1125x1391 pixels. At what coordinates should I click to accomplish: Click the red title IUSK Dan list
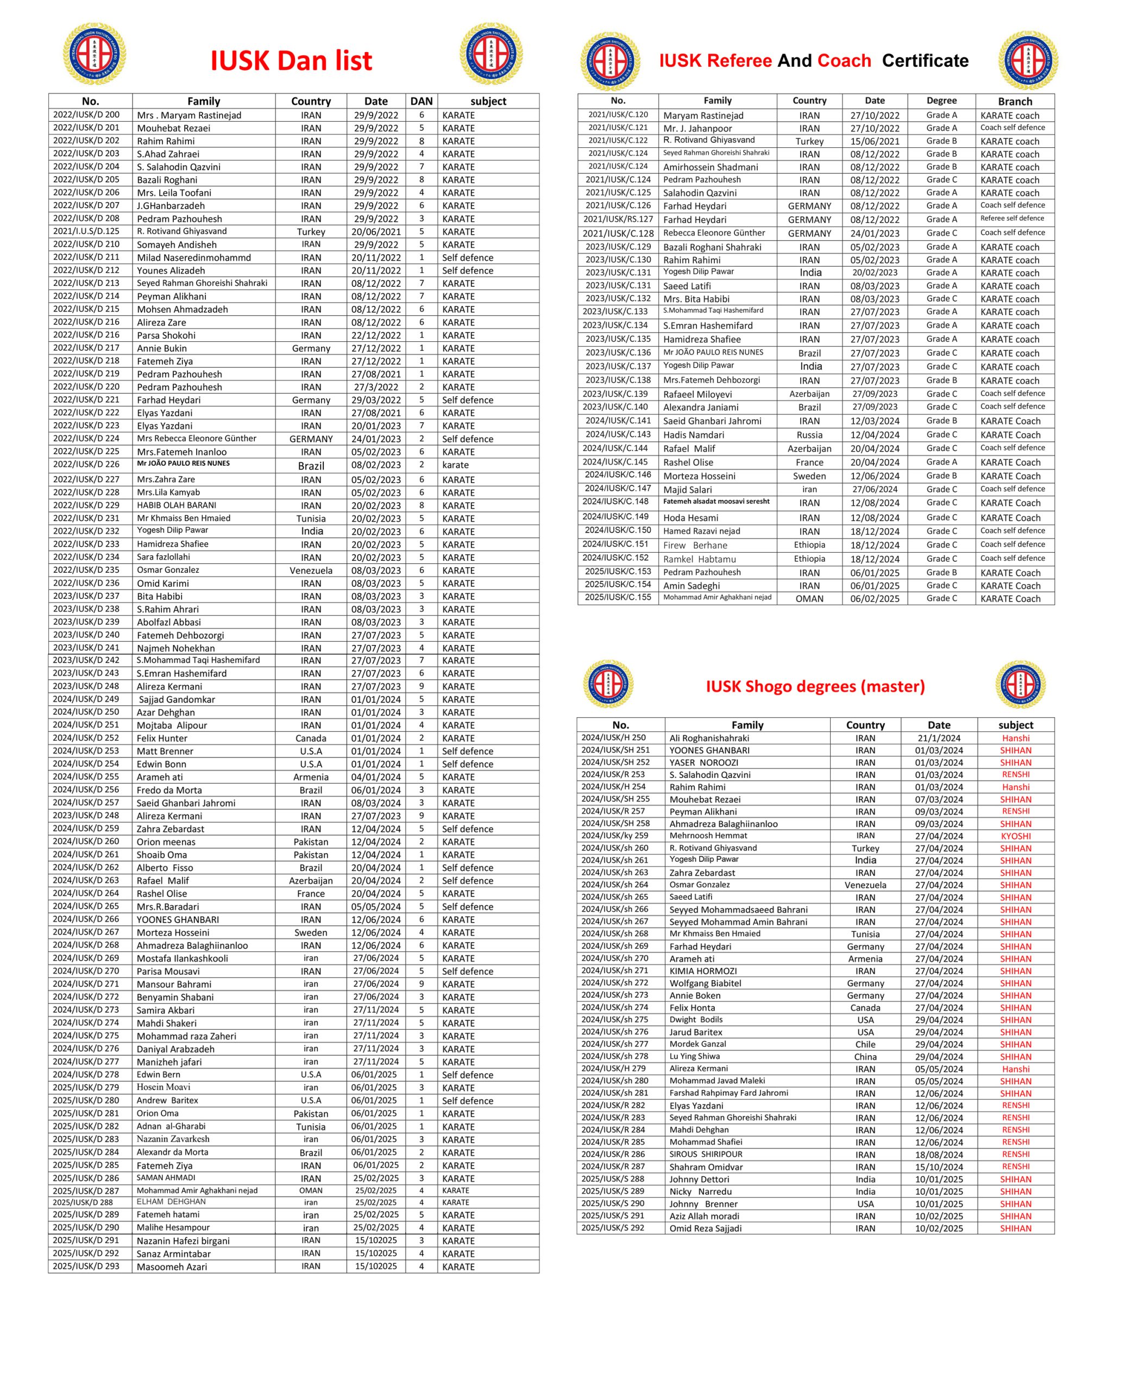[x=291, y=61]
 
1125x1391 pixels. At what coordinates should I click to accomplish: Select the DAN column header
[x=421, y=101]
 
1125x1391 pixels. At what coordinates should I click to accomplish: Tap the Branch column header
[x=1015, y=101]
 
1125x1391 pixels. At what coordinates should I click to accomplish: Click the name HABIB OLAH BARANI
[x=176, y=505]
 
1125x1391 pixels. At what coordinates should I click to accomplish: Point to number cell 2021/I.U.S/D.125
[x=86, y=231]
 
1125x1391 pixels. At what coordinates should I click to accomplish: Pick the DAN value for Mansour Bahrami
[x=421, y=984]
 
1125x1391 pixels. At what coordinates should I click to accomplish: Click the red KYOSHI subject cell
[x=1015, y=836]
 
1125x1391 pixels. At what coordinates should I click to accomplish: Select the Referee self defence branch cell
[x=1012, y=219]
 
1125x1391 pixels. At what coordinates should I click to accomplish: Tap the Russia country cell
[x=809, y=435]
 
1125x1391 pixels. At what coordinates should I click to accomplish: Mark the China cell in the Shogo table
[x=865, y=1056]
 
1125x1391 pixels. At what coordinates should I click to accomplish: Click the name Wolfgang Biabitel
[x=705, y=983]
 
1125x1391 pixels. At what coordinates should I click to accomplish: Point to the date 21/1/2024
[x=939, y=738]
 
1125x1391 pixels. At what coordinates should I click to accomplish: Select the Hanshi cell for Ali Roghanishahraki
[x=1015, y=738]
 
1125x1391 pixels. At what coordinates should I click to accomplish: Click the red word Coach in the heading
[x=844, y=61]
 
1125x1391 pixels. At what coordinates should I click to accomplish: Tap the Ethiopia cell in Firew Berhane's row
[x=809, y=545]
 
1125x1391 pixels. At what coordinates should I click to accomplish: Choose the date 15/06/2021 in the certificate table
[x=875, y=141]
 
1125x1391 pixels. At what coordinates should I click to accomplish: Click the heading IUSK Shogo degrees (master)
[x=815, y=686]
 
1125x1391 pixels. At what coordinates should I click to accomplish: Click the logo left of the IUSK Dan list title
[x=95, y=54]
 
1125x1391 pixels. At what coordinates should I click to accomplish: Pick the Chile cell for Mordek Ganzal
[x=865, y=1044]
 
